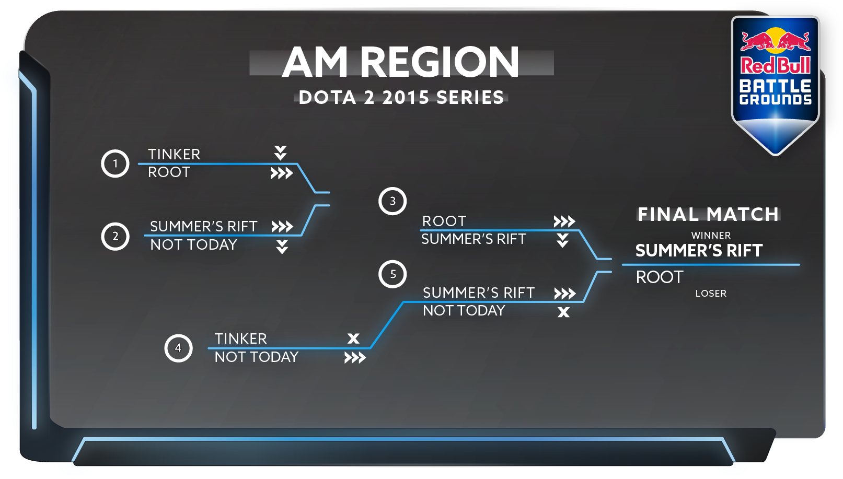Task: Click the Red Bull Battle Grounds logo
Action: [776, 84]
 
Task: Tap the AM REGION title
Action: [401, 62]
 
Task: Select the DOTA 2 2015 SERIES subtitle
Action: [401, 98]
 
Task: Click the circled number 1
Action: [115, 163]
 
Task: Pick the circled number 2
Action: [115, 236]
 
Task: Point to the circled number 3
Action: [392, 201]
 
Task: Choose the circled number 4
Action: [178, 348]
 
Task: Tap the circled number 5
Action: [392, 274]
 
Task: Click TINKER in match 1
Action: [174, 154]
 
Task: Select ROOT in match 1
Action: [169, 172]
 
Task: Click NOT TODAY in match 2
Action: [194, 245]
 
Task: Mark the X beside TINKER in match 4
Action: [353, 338]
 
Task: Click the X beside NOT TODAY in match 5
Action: [563, 312]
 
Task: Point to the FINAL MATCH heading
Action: [708, 214]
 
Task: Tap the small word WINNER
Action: [711, 236]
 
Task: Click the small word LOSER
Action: [711, 294]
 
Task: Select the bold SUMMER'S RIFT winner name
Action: [699, 251]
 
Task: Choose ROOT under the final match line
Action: [660, 277]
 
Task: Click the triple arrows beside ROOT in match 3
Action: [564, 221]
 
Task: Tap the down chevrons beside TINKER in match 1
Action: [280, 153]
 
